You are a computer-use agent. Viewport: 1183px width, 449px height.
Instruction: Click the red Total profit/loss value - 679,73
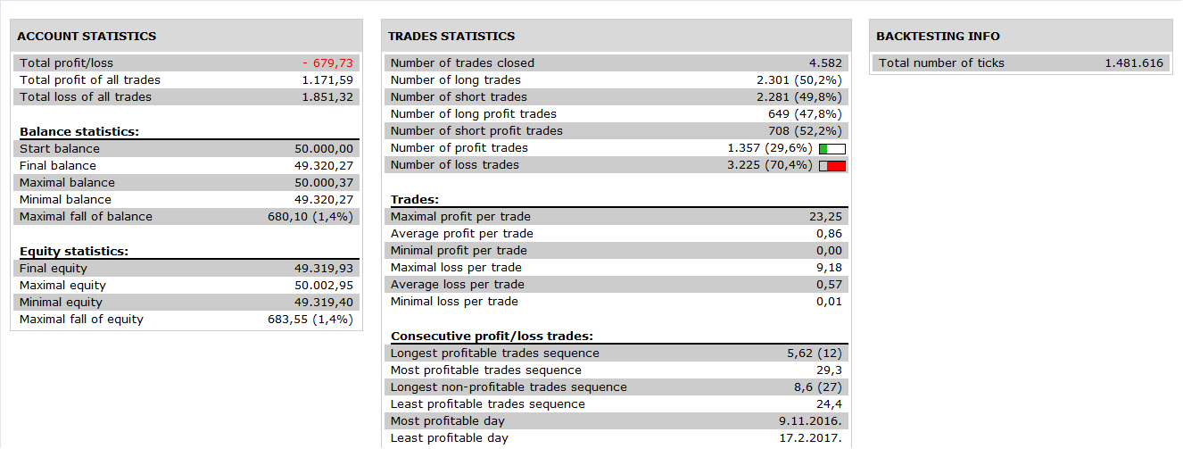point(327,62)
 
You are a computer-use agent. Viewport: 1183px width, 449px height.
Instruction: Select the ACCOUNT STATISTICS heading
point(87,36)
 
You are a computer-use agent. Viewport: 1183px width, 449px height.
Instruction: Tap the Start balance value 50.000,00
point(324,148)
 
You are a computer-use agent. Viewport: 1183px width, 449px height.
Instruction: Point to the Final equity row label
point(54,269)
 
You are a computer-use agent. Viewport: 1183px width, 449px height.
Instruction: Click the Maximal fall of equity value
point(310,319)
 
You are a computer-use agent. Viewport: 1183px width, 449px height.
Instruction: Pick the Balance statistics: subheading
point(79,131)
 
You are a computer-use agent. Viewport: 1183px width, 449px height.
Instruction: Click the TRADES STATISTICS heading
point(451,36)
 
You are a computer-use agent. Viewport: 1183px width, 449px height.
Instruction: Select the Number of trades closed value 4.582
point(825,62)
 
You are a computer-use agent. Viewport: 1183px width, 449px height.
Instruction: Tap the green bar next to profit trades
point(823,149)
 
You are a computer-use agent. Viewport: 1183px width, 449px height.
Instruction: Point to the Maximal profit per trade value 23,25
point(825,217)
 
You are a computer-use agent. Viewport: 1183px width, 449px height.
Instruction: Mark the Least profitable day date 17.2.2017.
point(811,438)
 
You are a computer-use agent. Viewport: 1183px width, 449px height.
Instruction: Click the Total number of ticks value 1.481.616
point(1134,62)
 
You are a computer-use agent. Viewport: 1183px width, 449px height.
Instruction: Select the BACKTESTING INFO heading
point(938,36)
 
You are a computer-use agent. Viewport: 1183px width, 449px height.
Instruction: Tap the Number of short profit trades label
point(476,130)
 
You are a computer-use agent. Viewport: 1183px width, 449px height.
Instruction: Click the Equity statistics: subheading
point(74,251)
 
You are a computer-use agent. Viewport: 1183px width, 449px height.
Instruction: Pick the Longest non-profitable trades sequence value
point(818,387)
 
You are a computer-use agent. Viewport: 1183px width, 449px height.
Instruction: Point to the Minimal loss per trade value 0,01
point(829,302)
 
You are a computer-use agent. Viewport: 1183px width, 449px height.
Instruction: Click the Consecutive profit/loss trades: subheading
point(492,336)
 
